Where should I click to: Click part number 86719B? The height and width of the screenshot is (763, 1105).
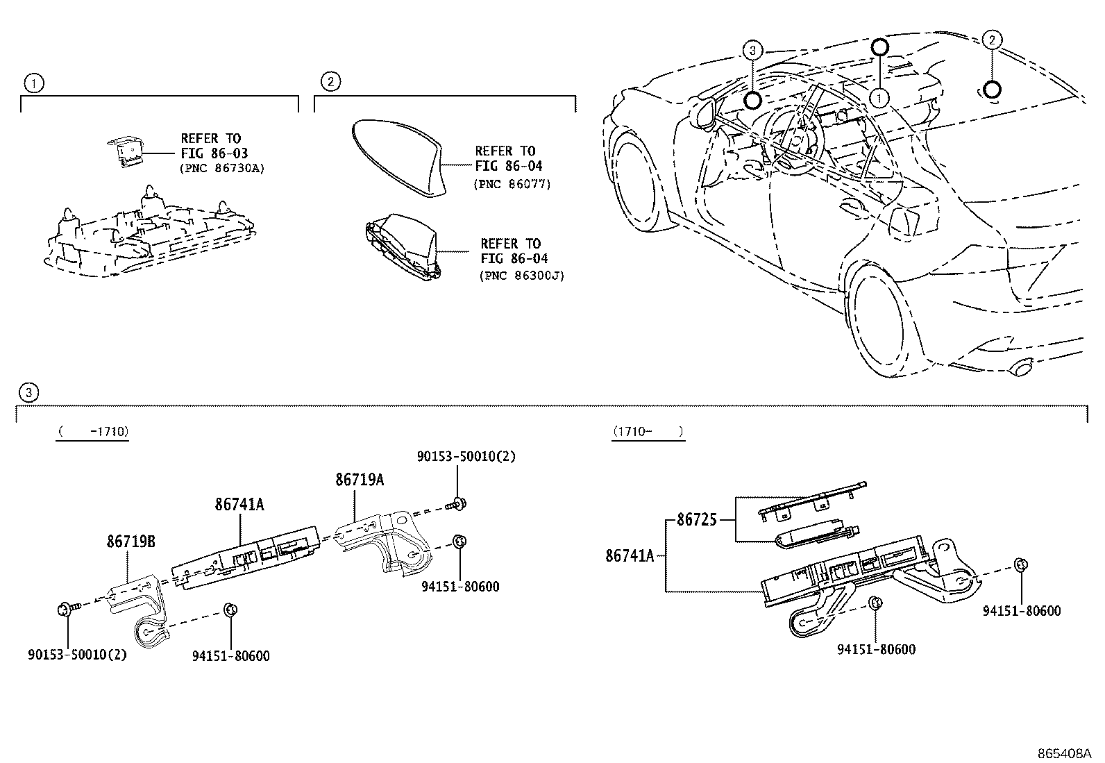(131, 542)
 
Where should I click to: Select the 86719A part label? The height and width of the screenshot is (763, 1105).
(360, 480)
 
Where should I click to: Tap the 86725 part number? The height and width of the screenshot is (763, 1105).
(697, 520)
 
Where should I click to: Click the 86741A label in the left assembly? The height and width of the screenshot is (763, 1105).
(239, 505)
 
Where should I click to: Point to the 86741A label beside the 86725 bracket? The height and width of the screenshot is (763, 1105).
(630, 555)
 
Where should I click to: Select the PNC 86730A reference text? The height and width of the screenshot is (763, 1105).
(223, 169)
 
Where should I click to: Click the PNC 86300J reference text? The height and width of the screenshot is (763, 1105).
(521, 276)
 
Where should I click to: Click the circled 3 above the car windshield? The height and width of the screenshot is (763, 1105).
(752, 50)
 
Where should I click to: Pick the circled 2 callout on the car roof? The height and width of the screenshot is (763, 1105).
(992, 40)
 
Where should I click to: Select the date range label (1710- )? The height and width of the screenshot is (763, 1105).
(648, 432)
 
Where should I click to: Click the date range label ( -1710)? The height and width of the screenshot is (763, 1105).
(93, 432)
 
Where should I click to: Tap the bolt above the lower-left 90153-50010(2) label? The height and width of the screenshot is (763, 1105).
(68, 610)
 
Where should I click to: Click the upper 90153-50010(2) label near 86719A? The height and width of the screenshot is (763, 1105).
(466, 456)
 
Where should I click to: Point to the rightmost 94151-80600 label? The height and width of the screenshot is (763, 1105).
(1022, 611)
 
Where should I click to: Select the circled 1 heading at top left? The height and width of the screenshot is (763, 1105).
(33, 84)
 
